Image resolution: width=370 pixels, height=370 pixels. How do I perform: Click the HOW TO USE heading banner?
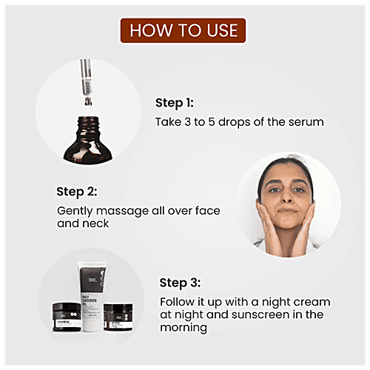tap(184, 30)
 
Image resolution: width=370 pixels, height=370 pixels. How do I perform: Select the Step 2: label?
tap(77, 192)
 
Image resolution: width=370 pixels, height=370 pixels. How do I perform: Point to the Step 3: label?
tap(181, 283)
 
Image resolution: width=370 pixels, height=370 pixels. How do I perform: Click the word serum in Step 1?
tap(307, 121)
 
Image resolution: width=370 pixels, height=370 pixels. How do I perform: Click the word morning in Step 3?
tap(185, 329)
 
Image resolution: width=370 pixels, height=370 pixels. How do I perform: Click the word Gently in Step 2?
tap(75, 210)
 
